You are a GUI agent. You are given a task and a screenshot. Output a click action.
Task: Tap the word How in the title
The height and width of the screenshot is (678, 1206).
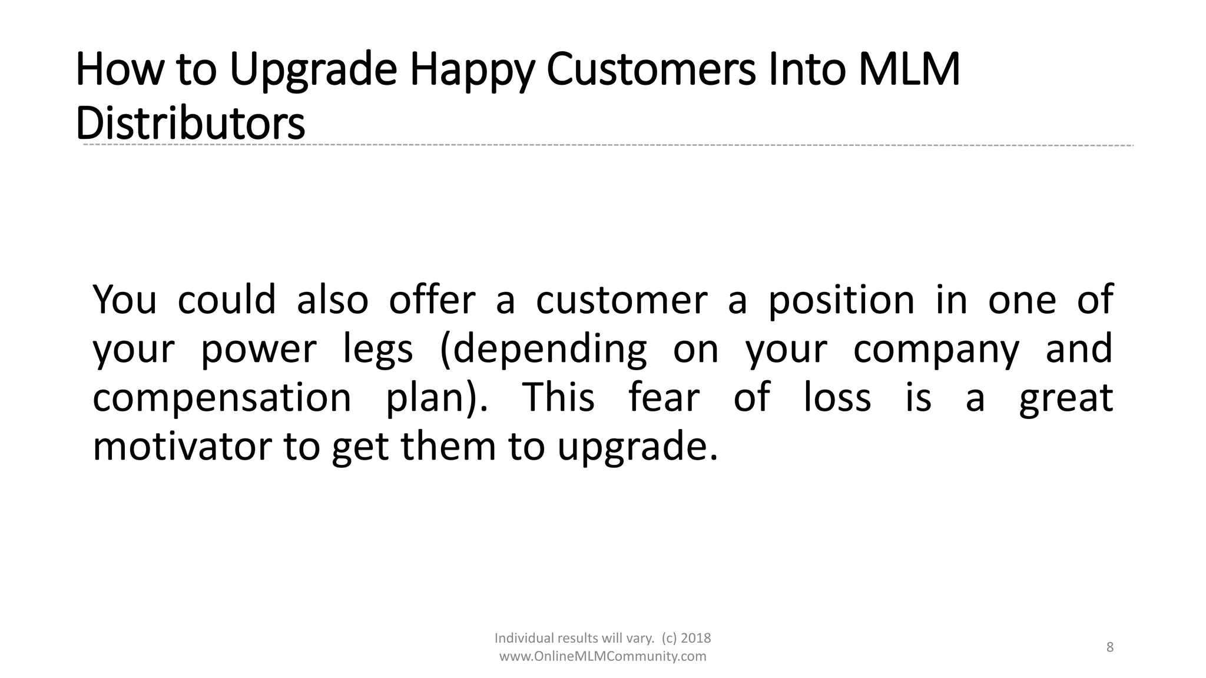point(118,69)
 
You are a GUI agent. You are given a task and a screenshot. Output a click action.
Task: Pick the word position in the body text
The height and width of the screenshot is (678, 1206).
point(841,300)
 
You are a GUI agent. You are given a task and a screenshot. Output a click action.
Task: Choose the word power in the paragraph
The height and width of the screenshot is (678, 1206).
point(259,349)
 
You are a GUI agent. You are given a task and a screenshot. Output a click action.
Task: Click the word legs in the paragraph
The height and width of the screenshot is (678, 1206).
point(377,349)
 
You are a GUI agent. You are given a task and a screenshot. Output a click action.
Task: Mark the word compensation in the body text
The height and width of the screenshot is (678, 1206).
point(222,398)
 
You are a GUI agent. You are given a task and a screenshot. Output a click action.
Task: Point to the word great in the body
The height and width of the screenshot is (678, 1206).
point(1066,398)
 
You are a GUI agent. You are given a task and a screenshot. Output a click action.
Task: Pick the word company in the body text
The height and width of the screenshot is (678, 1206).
point(936,349)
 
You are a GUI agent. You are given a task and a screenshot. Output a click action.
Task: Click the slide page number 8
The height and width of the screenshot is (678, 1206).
point(1110,647)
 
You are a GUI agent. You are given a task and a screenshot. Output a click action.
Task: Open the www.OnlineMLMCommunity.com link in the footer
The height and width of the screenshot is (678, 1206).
point(602,656)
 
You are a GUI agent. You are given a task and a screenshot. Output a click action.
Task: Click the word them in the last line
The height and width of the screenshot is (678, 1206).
point(449,446)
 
